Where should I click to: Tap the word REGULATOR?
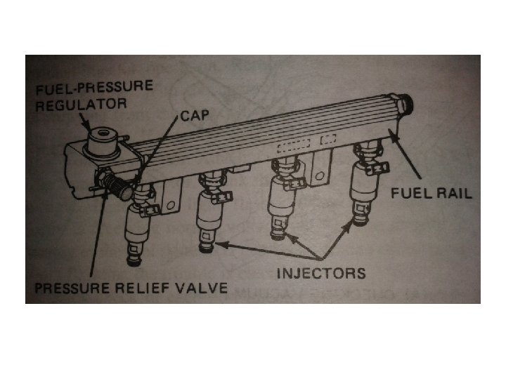coord(80,105)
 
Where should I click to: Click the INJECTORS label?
coord(321,272)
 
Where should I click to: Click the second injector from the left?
coord(209,211)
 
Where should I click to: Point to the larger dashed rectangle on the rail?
coord(292,147)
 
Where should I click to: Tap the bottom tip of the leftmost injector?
coord(134,262)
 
